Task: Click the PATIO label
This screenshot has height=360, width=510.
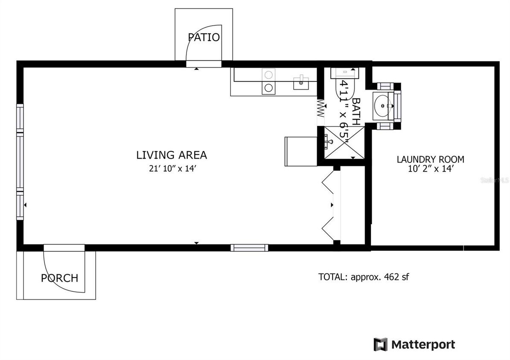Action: (204, 37)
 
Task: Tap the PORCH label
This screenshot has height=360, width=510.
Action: (59, 278)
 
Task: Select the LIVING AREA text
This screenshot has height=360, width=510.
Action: (172, 155)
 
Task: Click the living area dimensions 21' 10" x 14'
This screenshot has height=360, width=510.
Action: (172, 168)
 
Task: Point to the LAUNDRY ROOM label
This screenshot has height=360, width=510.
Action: (430, 160)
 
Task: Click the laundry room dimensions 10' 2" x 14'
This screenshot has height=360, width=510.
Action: (430, 169)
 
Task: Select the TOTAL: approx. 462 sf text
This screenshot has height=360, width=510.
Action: (364, 277)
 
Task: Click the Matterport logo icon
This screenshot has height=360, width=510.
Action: (380, 344)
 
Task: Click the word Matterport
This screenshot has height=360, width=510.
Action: (423, 344)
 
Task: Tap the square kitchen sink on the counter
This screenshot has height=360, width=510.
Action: (301, 83)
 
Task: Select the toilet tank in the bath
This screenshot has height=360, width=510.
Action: (345, 72)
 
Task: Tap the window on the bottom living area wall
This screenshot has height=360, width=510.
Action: (249, 247)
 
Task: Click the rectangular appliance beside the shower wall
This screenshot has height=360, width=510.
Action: (300, 151)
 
